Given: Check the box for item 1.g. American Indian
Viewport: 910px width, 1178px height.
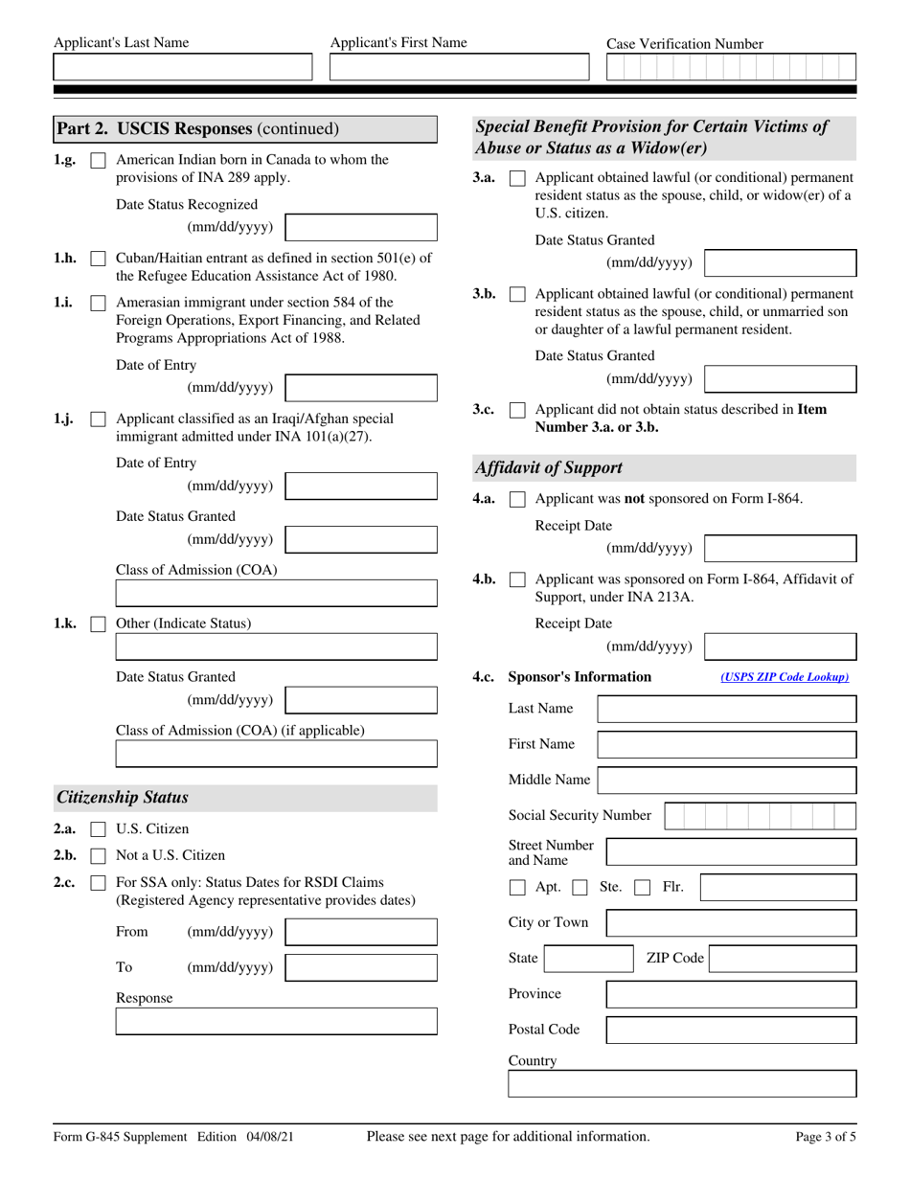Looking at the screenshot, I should tap(98, 161).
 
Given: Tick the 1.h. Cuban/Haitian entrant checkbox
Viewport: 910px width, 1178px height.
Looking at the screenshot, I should tap(98, 259).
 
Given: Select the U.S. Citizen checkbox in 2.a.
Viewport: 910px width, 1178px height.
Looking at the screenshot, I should tap(98, 829).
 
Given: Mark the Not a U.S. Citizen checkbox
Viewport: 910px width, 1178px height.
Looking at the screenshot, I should tap(98, 856).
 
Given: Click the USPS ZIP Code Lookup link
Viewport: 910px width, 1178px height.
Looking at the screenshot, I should tap(785, 677).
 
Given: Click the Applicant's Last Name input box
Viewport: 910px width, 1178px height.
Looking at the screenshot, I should tap(182, 67).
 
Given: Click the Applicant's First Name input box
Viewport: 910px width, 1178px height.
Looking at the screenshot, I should tap(460, 67).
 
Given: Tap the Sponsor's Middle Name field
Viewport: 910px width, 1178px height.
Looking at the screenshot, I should tap(727, 781).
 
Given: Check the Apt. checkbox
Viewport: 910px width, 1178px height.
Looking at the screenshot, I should tap(517, 888).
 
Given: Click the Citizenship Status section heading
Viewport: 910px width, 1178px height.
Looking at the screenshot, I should tap(123, 798).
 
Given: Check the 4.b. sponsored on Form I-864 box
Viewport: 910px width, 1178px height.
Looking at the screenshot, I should tap(517, 579).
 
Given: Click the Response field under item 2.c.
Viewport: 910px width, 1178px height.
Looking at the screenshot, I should tap(276, 1021).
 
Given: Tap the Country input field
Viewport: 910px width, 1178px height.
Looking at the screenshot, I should tap(682, 1084).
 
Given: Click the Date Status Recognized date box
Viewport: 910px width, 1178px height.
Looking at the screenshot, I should tap(361, 228).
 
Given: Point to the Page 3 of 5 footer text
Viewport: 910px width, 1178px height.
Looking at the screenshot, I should tap(826, 1137).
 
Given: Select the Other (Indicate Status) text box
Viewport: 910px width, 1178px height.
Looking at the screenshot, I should tap(276, 648).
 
